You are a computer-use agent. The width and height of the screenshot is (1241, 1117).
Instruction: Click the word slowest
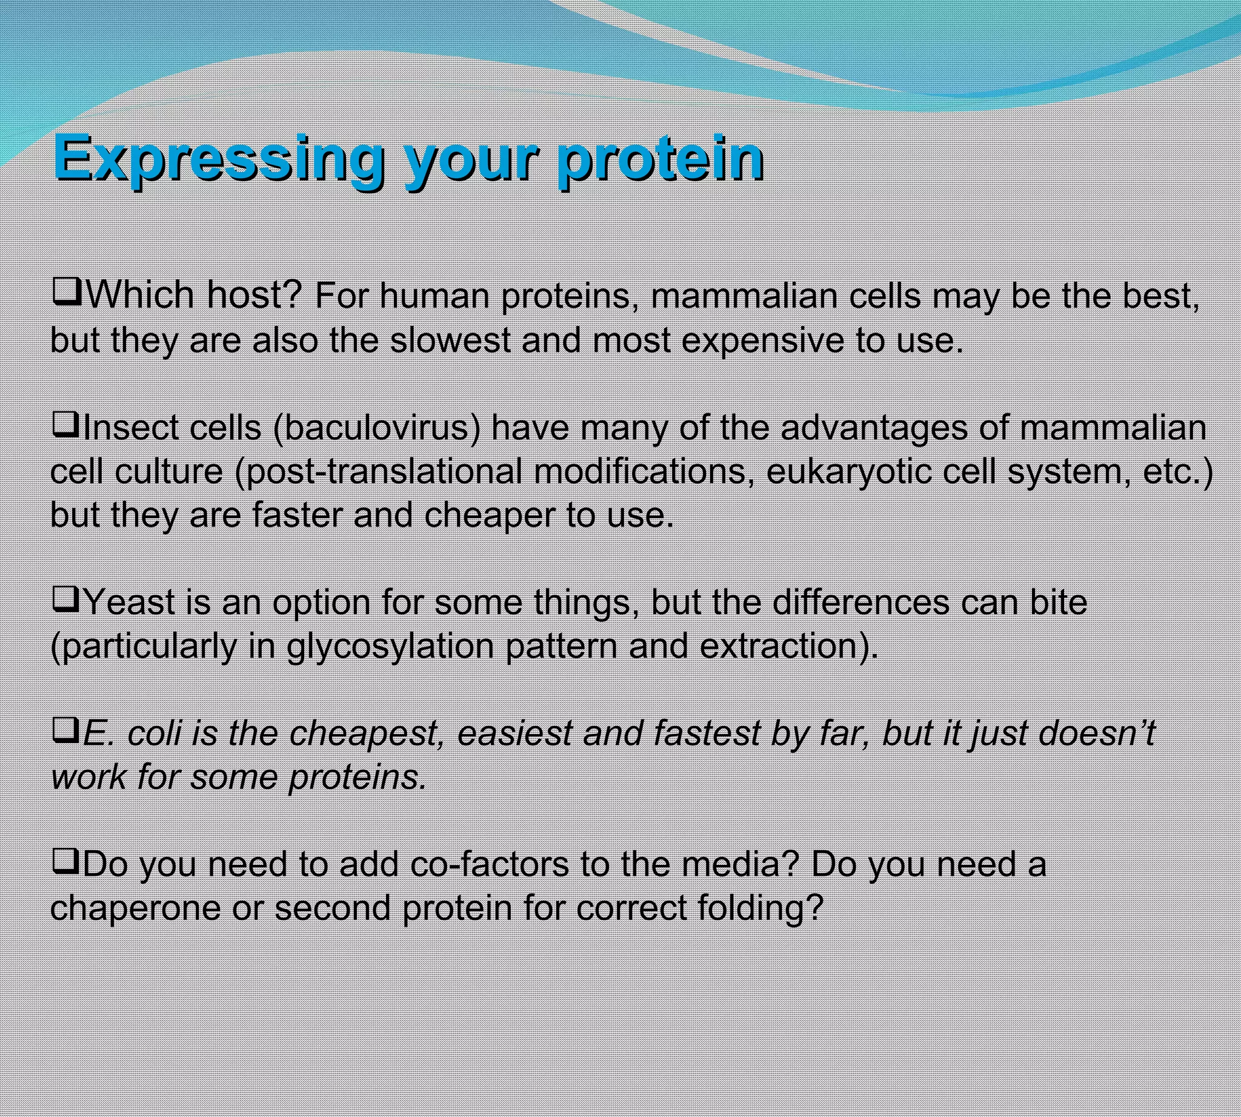pos(450,340)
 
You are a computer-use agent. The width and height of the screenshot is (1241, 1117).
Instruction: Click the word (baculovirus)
pos(377,428)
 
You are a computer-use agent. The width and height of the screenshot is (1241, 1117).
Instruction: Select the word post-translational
pos(378,472)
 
